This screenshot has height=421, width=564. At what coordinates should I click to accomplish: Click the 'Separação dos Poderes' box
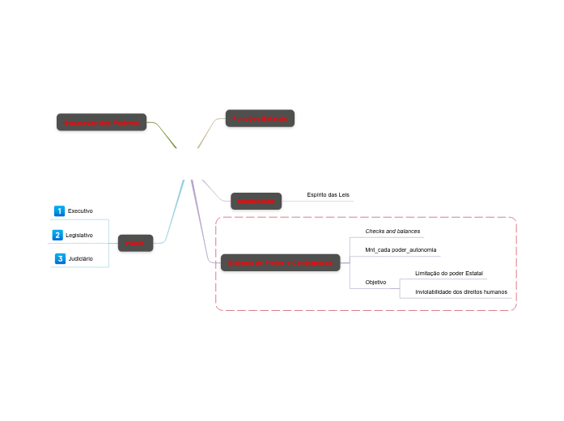click(x=101, y=122)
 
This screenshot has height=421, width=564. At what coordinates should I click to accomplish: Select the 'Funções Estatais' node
click(x=259, y=118)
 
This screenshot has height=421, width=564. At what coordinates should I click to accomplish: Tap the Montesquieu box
click(x=256, y=201)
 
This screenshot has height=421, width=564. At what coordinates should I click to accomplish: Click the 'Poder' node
click(x=135, y=243)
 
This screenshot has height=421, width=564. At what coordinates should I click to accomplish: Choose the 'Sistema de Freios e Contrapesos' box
click(x=280, y=262)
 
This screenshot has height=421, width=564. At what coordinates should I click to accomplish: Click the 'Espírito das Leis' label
click(x=328, y=195)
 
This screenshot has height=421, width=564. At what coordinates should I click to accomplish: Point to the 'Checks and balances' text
click(x=392, y=232)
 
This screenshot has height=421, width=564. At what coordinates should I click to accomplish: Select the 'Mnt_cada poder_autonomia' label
click(x=401, y=249)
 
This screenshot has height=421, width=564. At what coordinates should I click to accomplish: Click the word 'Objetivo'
click(x=375, y=282)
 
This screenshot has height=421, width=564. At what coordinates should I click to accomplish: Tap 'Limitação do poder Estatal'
click(x=448, y=274)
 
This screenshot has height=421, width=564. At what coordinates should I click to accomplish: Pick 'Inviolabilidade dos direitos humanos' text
click(x=460, y=291)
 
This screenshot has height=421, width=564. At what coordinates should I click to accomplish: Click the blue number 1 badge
click(x=58, y=210)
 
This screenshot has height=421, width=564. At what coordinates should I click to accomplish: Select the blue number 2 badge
click(x=57, y=235)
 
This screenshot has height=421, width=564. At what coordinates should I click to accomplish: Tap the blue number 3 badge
click(x=59, y=259)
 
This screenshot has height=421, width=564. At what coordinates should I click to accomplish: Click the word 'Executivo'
click(x=80, y=210)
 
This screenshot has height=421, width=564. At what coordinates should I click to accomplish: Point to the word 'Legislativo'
click(x=79, y=235)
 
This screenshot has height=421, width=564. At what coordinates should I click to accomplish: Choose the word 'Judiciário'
click(x=81, y=259)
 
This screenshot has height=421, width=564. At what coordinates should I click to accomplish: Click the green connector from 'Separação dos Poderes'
click(x=162, y=133)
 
